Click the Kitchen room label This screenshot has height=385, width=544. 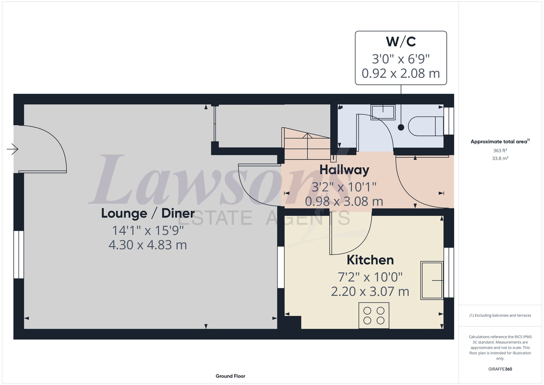tap(370, 260)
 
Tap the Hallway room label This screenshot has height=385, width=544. tap(344, 170)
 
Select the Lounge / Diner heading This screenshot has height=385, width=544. tap(148, 213)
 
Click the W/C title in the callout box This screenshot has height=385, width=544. tap(401, 42)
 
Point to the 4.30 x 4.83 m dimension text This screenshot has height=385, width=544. tap(148, 245)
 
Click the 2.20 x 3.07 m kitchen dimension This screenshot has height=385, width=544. tap(370, 291)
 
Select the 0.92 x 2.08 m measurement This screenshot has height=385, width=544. tap(401, 73)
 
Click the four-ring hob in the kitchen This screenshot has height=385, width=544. tap(374, 315)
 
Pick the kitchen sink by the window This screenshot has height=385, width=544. tap(432, 280)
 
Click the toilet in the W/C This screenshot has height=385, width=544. tap(426, 126)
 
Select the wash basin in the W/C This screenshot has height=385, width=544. tap(383, 112)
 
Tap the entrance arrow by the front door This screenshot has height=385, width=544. tap(13, 149)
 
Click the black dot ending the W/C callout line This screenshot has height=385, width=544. tap(401, 127)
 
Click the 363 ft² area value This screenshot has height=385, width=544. tap(500, 150)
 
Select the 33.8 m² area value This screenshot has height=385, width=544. tap(500, 158)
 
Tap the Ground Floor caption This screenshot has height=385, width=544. tap(230, 376)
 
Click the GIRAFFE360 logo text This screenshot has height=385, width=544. tap(500, 369)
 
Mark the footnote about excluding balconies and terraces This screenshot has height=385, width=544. tap(500, 315)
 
